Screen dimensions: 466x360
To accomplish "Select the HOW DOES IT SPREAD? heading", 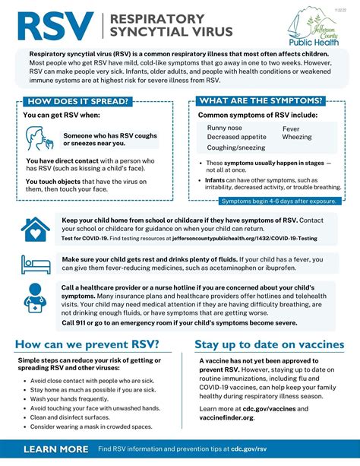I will pyautogui.click(x=77, y=101).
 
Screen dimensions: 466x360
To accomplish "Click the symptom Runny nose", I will pyautogui.click(x=226, y=128).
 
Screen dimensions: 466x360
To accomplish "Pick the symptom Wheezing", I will pyautogui.click(x=297, y=138).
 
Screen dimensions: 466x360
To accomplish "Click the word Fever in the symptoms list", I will pyautogui.click(x=292, y=128).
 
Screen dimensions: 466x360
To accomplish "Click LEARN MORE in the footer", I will pyautogui.click(x=55, y=450).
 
